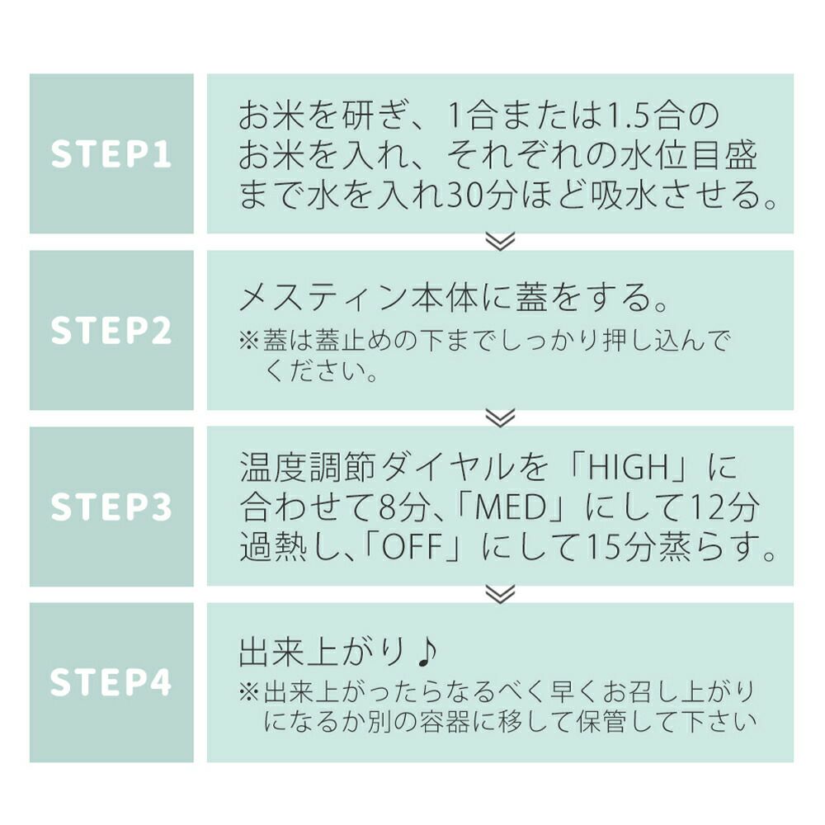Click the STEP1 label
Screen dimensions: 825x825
[x=111, y=154]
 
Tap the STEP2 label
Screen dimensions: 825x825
[x=111, y=330]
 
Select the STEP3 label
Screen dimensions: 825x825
[x=111, y=507]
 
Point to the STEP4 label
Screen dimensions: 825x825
[x=111, y=682]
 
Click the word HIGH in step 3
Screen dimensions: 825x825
[x=630, y=469]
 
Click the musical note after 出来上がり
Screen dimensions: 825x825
[x=426, y=652]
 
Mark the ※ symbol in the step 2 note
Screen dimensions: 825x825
[x=249, y=342]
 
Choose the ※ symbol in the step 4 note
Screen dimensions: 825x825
[x=249, y=691]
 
